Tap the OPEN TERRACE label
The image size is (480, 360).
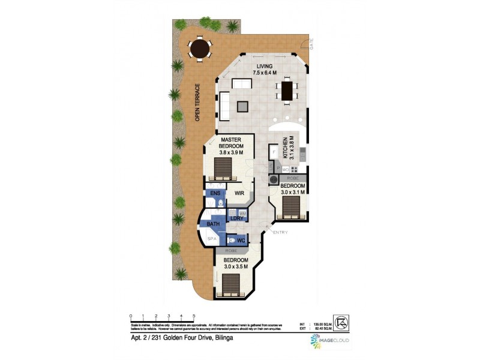point(197,103)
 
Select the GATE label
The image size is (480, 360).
point(311,43)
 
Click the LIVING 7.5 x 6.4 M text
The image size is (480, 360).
point(265,70)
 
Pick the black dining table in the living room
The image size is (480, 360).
point(287,91)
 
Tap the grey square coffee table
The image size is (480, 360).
point(242,107)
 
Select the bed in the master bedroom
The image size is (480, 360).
point(223,168)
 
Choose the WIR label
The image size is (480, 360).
point(238,194)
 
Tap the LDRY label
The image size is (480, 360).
point(236,218)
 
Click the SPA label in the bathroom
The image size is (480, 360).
point(211,239)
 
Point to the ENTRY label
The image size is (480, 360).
point(280,232)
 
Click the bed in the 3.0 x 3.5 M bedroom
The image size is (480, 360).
point(230,284)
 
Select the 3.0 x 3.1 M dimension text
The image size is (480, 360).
point(293,192)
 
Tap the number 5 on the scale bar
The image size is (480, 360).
point(194,316)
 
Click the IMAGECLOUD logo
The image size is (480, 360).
point(330,343)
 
